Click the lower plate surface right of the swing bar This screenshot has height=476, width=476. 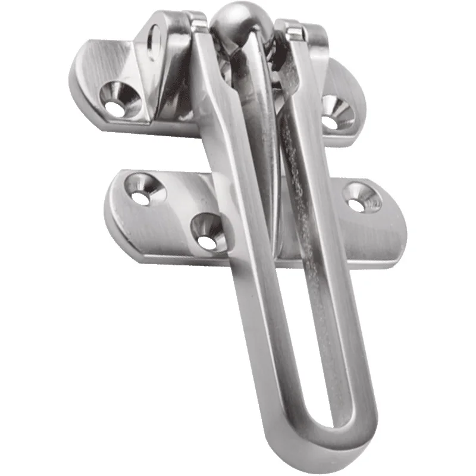point(369,238)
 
